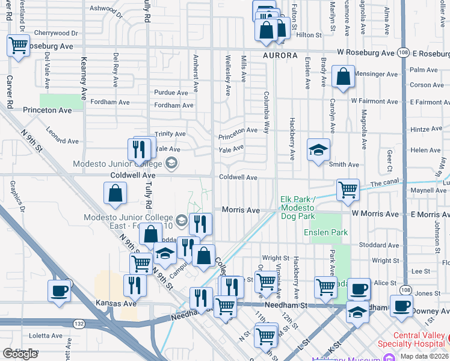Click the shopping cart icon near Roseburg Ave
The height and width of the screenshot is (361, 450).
click(x=19, y=45)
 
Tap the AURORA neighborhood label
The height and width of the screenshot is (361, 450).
click(x=280, y=55)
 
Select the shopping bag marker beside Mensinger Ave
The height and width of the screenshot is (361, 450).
click(x=342, y=78)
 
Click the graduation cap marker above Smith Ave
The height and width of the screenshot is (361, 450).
click(x=318, y=150)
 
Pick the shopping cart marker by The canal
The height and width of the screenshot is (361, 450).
click(x=348, y=190)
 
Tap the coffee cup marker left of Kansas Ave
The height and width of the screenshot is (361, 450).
click(x=60, y=291)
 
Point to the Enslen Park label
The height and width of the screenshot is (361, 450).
click(x=326, y=232)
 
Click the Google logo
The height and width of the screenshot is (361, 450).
click(x=20, y=354)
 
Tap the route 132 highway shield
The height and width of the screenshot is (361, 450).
click(x=79, y=323)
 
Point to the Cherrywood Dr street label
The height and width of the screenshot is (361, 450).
click(x=57, y=33)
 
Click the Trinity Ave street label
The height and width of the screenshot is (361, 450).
click(x=170, y=134)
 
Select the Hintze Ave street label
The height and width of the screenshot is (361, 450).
click(x=426, y=129)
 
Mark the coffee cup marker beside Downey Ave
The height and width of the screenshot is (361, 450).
click(x=401, y=305)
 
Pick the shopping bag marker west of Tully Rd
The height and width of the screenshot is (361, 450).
click(x=115, y=194)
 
